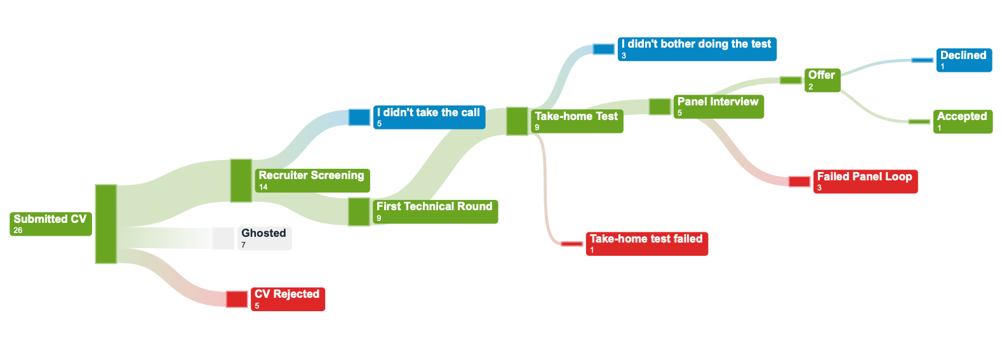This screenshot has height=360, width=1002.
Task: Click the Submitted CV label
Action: (51, 224)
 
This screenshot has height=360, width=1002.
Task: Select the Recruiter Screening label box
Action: (312, 180)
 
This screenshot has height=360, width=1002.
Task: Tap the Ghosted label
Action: (264, 238)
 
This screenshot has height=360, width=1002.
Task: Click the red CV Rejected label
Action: (288, 299)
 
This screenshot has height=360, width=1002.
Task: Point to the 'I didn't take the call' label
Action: (429, 117)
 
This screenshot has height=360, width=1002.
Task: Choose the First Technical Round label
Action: (435, 211)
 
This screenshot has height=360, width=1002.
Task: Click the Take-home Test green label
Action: (577, 121)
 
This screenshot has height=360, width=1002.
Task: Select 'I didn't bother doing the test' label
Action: (697, 49)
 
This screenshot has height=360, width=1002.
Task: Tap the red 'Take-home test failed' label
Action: (646, 244)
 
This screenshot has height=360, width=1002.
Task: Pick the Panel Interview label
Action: (718, 107)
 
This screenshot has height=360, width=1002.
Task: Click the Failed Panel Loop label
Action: (865, 182)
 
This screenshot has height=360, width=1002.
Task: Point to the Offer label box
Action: (822, 81)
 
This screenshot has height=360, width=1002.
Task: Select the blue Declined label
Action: (963, 60)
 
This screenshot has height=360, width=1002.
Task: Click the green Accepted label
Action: (963, 121)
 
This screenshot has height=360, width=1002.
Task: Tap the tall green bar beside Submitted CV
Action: (106, 223)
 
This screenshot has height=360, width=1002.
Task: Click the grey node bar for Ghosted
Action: (223, 238)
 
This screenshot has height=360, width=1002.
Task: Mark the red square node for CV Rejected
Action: (237, 299)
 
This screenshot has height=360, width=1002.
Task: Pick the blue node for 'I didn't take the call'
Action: (359, 117)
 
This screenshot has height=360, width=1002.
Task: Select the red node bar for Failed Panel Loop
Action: (799, 182)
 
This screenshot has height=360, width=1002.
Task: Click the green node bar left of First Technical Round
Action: (359, 211)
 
